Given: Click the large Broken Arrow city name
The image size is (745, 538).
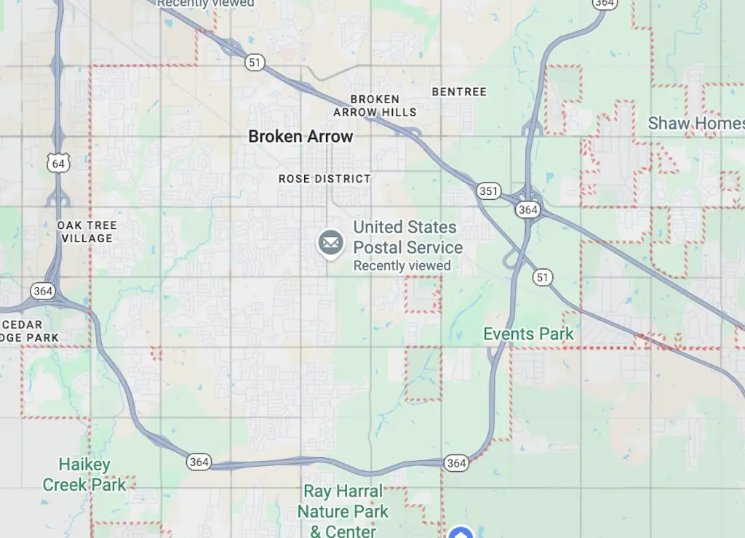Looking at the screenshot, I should click(300, 136).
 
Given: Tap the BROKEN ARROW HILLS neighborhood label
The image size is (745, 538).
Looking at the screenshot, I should click(375, 105).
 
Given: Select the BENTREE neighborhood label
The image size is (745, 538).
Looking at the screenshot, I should click(459, 92).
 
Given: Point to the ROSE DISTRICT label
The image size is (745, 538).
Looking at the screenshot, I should click(324, 179).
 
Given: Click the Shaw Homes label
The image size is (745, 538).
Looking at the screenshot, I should click(696, 123).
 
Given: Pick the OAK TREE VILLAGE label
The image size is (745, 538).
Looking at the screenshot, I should click(87, 232).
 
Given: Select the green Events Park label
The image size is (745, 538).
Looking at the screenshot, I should click(529, 334).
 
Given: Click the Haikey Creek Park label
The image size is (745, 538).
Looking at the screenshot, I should click(84, 474).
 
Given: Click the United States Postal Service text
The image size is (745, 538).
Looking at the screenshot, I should click(407, 237).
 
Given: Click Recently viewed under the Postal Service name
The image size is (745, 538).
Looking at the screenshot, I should click(402, 266).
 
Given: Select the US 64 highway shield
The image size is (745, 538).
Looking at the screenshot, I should click(59, 163).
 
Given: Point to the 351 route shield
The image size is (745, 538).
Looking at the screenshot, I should click(489, 191).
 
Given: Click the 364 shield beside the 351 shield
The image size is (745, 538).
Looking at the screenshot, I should click(527, 209).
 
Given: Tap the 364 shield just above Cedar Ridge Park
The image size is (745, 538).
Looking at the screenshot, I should click(42, 291).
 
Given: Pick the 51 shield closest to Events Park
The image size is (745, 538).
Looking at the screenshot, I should click(542, 277).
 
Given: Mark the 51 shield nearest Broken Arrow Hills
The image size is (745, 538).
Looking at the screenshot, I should click(254, 63).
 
